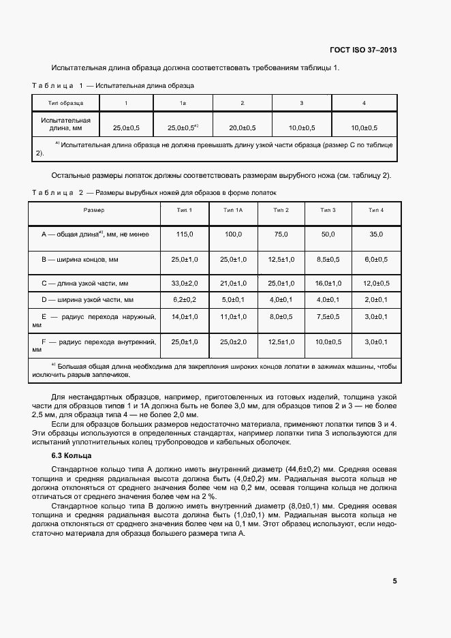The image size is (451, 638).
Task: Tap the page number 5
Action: point(394,581)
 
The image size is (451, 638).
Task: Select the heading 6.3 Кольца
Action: point(72,455)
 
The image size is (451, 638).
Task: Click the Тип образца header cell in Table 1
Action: point(66,103)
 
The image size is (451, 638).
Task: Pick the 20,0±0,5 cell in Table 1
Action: point(242,127)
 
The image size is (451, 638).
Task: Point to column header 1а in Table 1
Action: point(183,103)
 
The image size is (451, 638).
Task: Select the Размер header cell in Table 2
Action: point(94,210)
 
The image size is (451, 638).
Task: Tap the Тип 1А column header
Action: point(233,210)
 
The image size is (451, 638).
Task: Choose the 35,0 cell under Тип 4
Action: point(376,234)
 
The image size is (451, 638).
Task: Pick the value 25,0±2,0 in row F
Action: point(233,341)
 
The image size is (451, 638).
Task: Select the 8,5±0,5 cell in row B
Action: point(328,259)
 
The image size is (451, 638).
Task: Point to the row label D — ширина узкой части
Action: point(87,299)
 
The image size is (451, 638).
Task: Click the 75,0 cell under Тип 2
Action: point(281,234)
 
